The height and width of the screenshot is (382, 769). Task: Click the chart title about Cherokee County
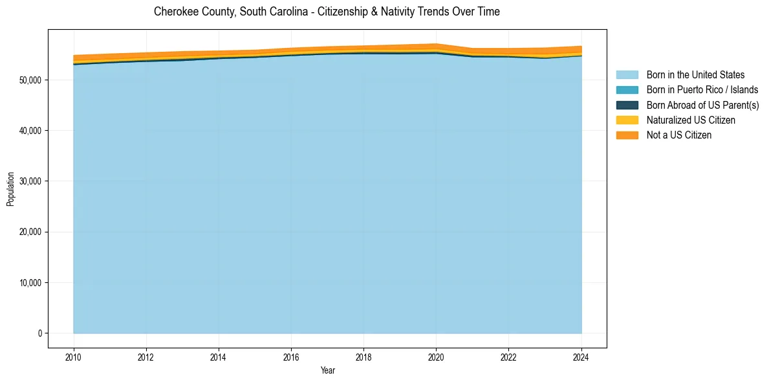click(x=327, y=12)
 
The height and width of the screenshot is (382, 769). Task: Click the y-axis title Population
click(x=10, y=189)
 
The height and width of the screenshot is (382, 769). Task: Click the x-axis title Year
click(x=328, y=370)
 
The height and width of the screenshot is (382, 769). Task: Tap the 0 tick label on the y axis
click(x=39, y=333)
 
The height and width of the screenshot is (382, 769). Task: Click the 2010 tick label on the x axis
click(x=74, y=356)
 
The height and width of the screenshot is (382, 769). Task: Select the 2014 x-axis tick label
click(x=219, y=356)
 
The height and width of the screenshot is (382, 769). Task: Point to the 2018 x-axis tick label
click(x=363, y=356)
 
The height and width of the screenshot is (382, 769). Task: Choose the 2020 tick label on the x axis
click(x=436, y=356)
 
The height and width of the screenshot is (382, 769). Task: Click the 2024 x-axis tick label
click(x=581, y=356)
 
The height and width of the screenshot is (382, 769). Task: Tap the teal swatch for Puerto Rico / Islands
click(x=627, y=90)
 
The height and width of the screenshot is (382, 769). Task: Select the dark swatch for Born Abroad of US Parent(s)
click(x=627, y=105)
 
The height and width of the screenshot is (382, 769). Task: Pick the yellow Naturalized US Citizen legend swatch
click(x=627, y=120)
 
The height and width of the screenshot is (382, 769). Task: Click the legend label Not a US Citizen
click(x=678, y=135)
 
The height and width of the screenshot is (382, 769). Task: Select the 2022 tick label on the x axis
click(x=508, y=356)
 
